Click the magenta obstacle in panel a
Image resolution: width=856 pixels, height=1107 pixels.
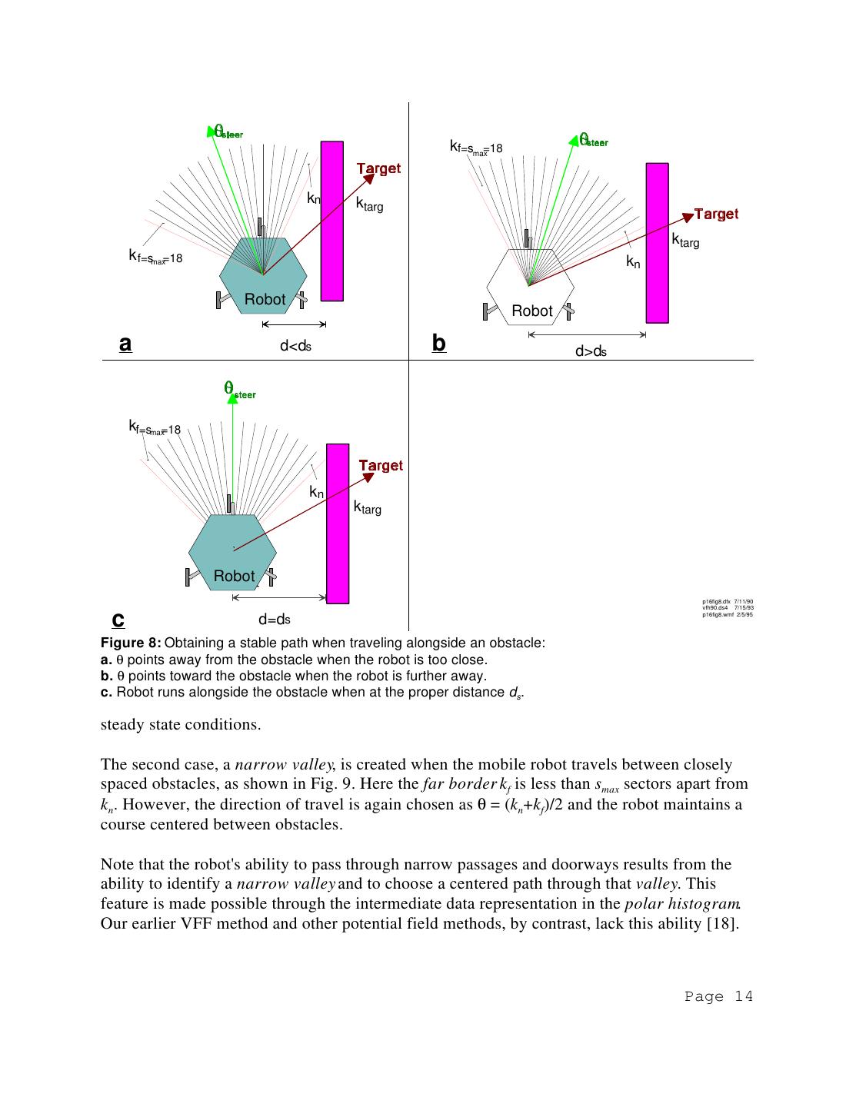(x=331, y=221)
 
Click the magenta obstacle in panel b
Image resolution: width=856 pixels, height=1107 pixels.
(x=657, y=242)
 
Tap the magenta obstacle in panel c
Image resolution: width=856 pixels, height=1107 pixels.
(x=338, y=523)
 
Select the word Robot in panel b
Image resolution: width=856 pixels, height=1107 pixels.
(x=531, y=311)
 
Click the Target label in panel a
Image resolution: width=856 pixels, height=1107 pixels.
(x=378, y=168)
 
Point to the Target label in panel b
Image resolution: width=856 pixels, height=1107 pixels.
(x=716, y=214)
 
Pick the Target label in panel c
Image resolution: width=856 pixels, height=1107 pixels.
(x=381, y=465)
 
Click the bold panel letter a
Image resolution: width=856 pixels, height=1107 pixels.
(x=125, y=344)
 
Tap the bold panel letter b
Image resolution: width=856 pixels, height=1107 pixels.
(x=438, y=343)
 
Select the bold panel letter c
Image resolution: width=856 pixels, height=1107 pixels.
(x=118, y=619)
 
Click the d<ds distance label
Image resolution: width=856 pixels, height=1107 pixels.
(x=295, y=347)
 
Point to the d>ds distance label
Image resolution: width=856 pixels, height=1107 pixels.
(x=591, y=352)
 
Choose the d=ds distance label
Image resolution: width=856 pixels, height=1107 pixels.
(x=274, y=620)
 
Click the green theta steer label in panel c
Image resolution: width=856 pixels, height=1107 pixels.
(x=239, y=390)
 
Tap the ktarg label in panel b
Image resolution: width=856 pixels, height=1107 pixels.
(x=685, y=241)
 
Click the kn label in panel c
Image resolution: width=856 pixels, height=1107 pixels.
(x=316, y=492)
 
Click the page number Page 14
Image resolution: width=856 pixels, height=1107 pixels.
(x=718, y=996)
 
